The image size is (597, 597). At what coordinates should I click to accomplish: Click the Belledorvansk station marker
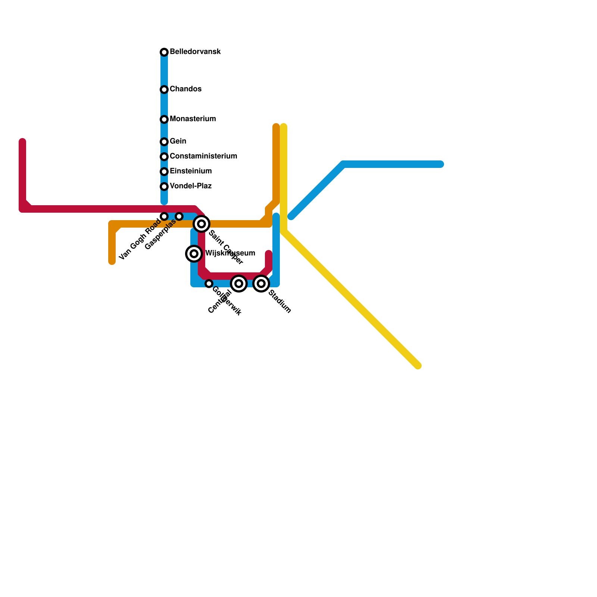(x=164, y=52)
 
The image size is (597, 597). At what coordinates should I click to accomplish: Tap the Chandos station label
(x=185, y=89)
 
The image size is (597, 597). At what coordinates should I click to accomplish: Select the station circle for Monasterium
(x=164, y=119)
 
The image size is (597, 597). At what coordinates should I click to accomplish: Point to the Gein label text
(x=178, y=141)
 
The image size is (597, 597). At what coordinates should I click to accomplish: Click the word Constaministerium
(x=203, y=156)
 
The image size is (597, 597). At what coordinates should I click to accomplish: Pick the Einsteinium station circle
(x=164, y=172)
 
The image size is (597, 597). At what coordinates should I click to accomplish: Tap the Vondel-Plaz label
(x=191, y=186)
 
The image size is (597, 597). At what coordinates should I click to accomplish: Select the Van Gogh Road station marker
(x=164, y=216)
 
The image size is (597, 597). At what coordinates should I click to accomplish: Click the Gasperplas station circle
(x=179, y=216)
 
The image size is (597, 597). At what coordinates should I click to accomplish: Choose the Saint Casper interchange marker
(x=201, y=224)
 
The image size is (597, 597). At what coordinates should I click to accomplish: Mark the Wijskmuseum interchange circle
(x=194, y=254)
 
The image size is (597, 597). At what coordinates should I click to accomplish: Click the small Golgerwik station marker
(x=209, y=284)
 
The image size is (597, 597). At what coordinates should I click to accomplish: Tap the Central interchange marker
(x=239, y=284)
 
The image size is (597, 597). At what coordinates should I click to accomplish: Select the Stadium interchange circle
(x=261, y=284)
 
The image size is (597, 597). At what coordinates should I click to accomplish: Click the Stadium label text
(x=279, y=302)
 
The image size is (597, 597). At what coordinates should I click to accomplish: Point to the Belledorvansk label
(x=195, y=52)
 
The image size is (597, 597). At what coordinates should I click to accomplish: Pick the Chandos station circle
(x=164, y=90)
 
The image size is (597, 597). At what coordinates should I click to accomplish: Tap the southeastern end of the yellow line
(x=418, y=366)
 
